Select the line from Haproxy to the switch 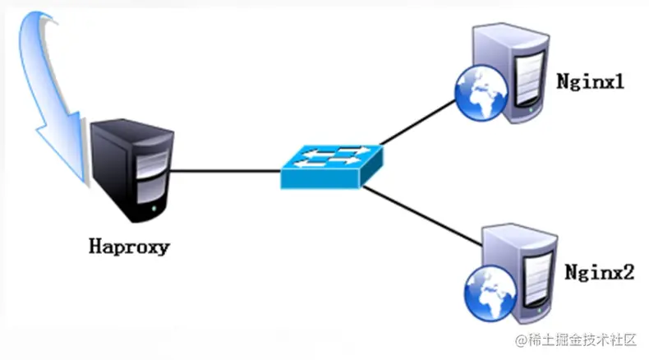click(225, 171)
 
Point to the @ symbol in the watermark click(521, 339)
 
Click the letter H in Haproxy click(95, 245)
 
